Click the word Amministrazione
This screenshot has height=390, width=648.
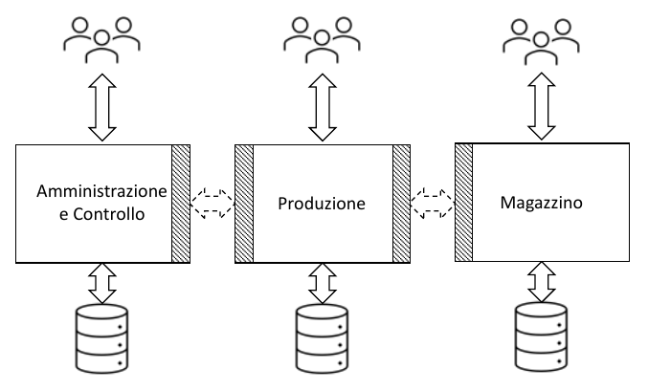[x=101, y=191]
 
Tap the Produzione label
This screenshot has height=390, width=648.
[x=321, y=203]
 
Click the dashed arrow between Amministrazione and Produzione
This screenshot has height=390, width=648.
[x=212, y=202]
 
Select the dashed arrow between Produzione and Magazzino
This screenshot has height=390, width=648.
[x=433, y=202]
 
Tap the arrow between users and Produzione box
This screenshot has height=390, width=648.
[x=324, y=100]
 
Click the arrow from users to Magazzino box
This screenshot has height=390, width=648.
[x=542, y=100]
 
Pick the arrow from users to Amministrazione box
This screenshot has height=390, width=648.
[x=101, y=100]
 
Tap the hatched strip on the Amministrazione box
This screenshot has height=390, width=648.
[x=180, y=203]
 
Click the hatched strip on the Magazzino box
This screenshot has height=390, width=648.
[x=464, y=203]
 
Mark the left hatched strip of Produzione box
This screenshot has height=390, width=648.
[x=243, y=203]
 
